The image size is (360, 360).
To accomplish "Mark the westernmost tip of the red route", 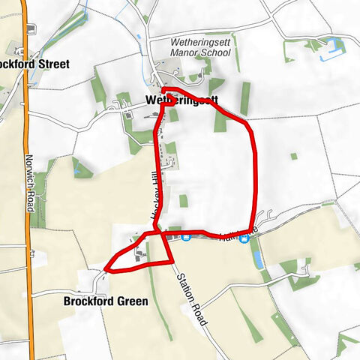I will tap(106, 267).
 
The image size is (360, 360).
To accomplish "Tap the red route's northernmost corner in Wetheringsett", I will tap(164, 90).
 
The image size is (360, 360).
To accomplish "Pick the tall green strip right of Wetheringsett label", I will tap(244, 97).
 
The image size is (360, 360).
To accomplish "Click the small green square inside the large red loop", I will tap(183, 200).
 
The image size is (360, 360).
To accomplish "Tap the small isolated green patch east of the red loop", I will tap(294, 156).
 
